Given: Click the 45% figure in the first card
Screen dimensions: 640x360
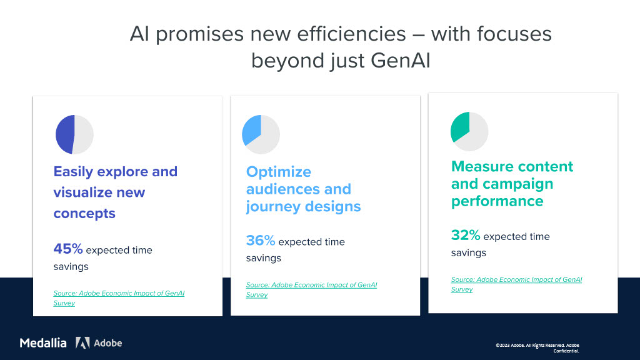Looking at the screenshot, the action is click(x=68, y=249).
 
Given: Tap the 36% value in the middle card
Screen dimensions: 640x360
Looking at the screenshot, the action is click(x=261, y=241).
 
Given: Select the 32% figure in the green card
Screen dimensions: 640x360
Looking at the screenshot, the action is click(x=466, y=235).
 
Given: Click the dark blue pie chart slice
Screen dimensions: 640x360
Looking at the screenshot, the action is click(x=65, y=134).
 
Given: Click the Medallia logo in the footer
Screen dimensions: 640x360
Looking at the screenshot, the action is click(x=43, y=343).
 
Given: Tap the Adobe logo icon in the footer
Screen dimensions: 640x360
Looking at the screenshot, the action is click(x=82, y=343).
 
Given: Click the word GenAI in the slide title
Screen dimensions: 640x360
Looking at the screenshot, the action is click(x=401, y=61).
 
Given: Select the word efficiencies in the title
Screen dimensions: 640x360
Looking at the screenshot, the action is click(x=351, y=34).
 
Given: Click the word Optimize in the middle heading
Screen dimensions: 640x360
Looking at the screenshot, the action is click(x=278, y=172).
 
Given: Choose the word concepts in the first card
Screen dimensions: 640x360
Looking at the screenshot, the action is click(x=84, y=214).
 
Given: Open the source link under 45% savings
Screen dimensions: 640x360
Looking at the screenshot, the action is click(x=119, y=298).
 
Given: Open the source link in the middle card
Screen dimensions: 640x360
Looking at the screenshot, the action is click(x=311, y=290).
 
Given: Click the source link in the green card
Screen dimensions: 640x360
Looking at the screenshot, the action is click(x=516, y=284).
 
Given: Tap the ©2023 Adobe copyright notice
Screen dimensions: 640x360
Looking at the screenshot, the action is click(x=537, y=347).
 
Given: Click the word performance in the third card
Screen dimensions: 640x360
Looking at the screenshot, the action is click(x=497, y=201).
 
